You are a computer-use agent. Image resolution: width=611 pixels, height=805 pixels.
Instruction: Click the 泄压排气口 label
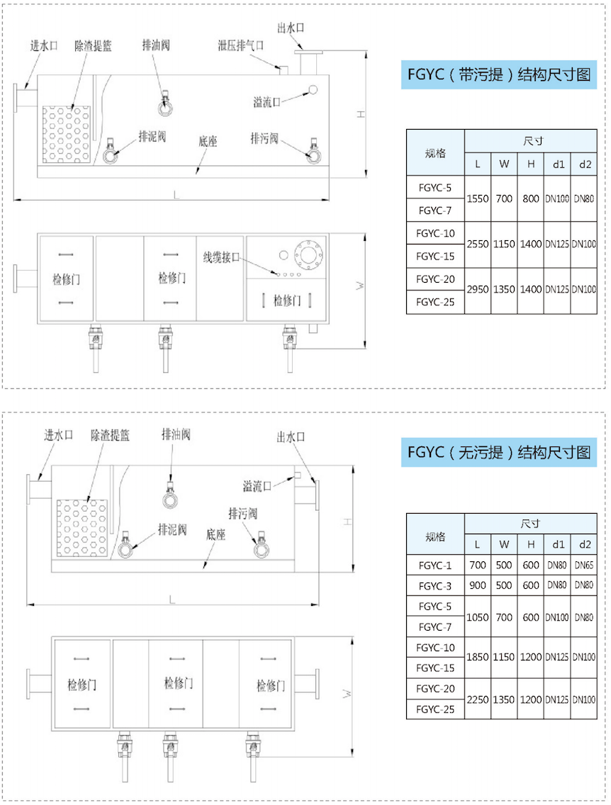(x=241, y=45)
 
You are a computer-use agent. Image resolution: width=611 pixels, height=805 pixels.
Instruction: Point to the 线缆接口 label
(x=221, y=257)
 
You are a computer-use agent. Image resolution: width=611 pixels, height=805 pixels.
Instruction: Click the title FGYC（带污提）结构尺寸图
(x=498, y=75)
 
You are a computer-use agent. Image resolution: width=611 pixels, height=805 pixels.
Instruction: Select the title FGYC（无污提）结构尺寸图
(x=498, y=452)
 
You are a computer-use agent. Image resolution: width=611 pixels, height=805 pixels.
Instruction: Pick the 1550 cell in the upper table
(x=478, y=198)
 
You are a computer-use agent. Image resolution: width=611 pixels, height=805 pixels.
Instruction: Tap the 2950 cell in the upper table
(x=478, y=290)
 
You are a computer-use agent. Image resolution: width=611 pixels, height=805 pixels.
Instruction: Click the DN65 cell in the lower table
(x=584, y=565)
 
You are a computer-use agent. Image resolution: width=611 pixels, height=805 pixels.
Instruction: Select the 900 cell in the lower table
(x=478, y=585)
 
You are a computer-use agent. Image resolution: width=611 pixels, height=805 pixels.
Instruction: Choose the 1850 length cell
(x=478, y=657)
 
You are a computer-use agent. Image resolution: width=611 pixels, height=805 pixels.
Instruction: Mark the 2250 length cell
(x=478, y=699)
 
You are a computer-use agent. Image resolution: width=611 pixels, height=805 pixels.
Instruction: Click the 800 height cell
(x=531, y=198)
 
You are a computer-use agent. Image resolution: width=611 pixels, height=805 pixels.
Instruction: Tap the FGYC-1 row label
(x=435, y=565)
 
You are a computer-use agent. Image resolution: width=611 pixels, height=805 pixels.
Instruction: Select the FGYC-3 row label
(x=435, y=586)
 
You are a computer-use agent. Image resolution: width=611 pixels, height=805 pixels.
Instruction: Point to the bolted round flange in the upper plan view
(x=308, y=254)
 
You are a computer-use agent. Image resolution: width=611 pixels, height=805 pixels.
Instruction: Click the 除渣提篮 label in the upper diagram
(x=93, y=45)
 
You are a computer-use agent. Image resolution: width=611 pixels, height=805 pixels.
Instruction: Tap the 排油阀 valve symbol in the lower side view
(x=170, y=495)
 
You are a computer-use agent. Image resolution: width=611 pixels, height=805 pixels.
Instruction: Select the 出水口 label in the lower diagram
(x=291, y=437)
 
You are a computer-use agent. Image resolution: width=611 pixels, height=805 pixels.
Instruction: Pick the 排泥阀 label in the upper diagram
(x=152, y=137)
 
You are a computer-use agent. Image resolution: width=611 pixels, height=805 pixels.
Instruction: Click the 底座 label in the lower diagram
(x=215, y=535)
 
